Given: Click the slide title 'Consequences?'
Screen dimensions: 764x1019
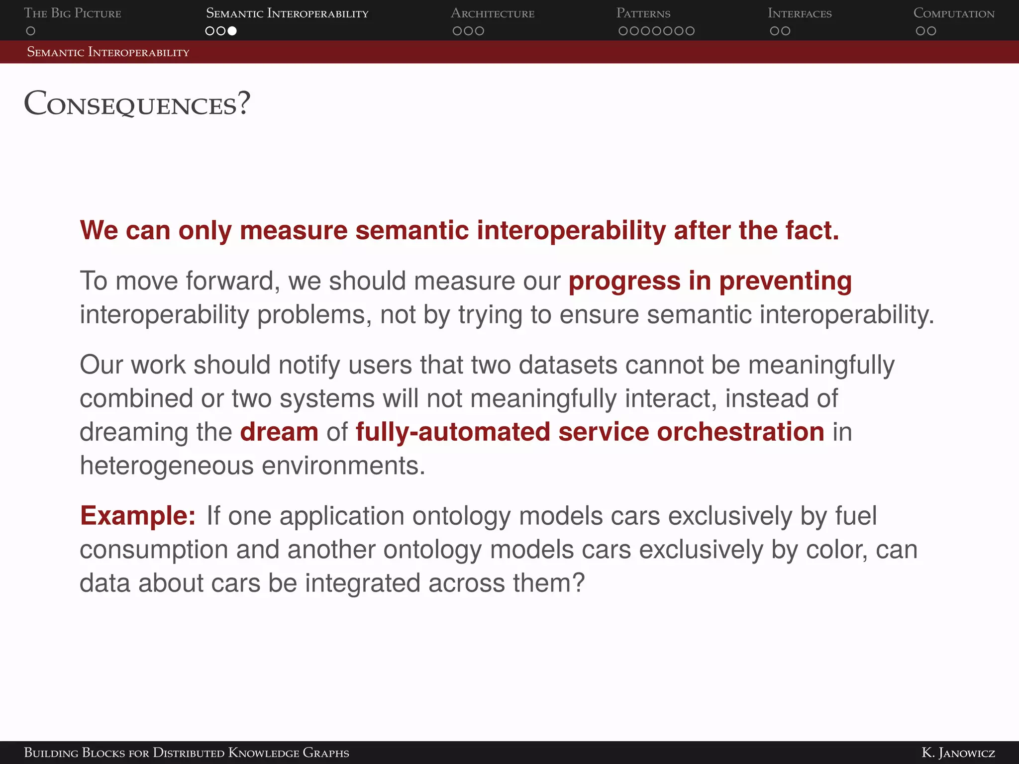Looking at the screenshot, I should [x=137, y=104].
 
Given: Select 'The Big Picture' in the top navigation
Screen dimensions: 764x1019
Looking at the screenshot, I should [x=73, y=13].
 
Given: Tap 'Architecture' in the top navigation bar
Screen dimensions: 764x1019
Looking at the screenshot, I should [x=493, y=13].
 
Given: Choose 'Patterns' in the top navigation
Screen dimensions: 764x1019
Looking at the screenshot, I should [x=643, y=13].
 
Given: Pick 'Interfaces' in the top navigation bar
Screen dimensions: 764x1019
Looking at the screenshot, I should [x=800, y=13].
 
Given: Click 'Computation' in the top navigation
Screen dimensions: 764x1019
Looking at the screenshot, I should [x=954, y=13].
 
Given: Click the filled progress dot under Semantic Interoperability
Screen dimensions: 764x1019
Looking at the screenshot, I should [x=232, y=31].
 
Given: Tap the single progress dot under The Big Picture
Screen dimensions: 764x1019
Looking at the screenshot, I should [x=30, y=31].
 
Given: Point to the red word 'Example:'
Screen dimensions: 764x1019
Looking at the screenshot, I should [x=138, y=516].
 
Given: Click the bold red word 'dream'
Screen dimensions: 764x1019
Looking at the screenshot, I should [x=279, y=432].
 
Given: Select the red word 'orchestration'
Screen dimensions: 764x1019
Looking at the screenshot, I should [x=740, y=432].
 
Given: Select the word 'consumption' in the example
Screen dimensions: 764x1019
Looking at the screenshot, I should [x=154, y=550].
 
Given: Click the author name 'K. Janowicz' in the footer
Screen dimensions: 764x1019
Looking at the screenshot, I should [x=958, y=753].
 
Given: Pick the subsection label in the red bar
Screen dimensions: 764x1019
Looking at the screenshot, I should [x=108, y=52].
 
